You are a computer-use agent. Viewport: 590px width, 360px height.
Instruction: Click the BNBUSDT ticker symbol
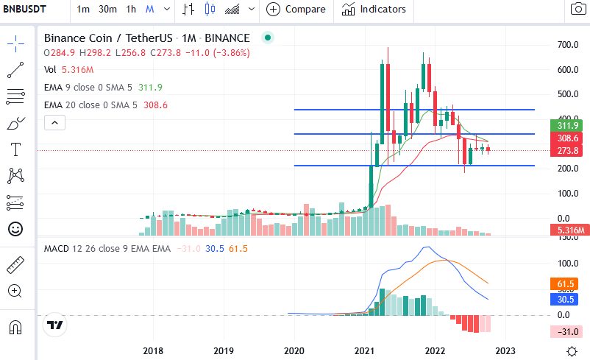click(x=24, y=9)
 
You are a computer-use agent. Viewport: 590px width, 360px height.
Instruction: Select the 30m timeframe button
click(x=107, y=9)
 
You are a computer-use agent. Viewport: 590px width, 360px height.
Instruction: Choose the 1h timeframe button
click(x=131, y=9)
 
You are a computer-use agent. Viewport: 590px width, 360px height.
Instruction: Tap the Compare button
click(x=296, y=9)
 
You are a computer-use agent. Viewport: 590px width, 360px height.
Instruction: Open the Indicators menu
click(x=374, y=9)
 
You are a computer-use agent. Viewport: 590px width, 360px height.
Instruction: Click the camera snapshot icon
click(x=578, y=9)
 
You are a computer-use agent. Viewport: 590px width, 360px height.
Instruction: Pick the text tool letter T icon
click(x=15, y=149)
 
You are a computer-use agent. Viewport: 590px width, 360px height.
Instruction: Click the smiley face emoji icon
click(x=15, y=229)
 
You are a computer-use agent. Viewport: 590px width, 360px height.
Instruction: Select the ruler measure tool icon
click(x=15, y=265)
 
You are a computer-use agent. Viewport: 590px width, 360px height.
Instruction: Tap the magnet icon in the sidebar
click(x=15, y=327)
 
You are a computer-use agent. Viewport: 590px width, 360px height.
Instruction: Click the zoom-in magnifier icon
click(x=15, y=291)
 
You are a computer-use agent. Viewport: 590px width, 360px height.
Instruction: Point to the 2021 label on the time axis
click(x=364, y=351)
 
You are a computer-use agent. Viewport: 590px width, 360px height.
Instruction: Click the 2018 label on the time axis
click(x=153, y=351)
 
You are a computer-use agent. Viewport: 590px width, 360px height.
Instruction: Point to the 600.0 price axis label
click(x=568, y=70)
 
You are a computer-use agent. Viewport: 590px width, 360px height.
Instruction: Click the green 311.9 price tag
click(x=566, y=125)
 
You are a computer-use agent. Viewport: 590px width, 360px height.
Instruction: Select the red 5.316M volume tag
click(x=570, y=230)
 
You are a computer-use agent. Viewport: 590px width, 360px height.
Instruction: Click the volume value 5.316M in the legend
click(x=78, y=70)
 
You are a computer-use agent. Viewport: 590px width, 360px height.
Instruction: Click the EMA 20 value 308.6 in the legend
click(x=155, y=105)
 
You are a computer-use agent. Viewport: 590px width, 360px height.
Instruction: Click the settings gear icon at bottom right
click(x=572, y=351)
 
